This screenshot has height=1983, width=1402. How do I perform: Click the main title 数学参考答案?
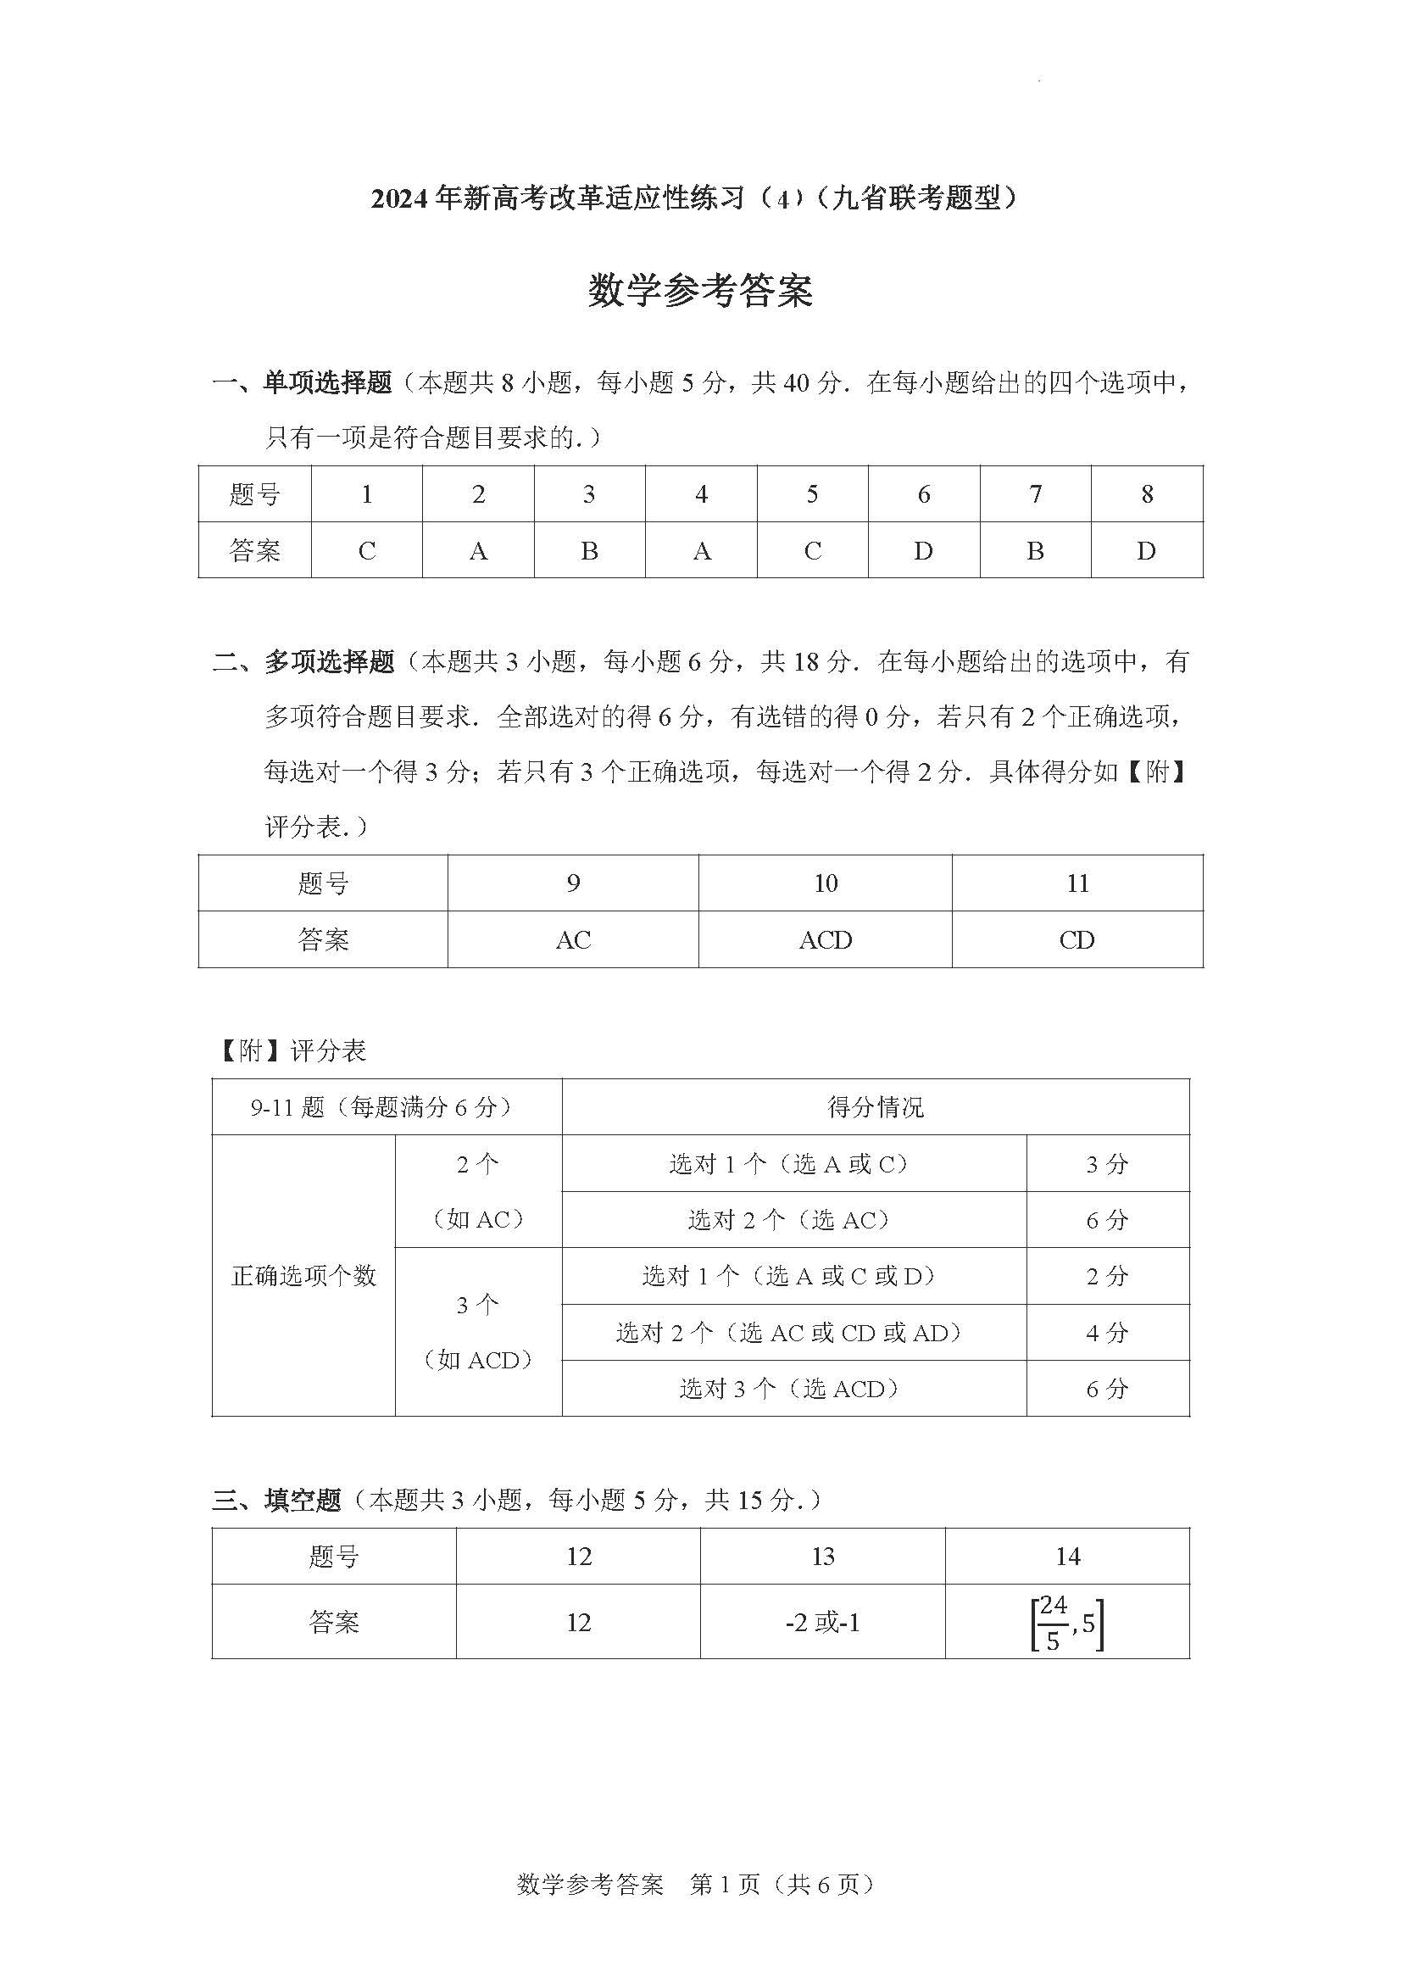click(x=700, y=291)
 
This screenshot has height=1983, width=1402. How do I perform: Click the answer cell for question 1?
click(x=367, y=550)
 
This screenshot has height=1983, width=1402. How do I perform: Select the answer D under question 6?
click(x=923, y=550)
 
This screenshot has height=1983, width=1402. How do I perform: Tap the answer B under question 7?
click(x=1035, y=550)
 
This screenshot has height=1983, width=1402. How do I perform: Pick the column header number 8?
click(x=1147, y=494)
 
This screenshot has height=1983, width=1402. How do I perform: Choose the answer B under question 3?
click(x=590, y=550)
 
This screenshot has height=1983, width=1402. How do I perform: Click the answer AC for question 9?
click(x=573, y=939)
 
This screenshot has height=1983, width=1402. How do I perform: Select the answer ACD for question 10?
click(x=826, y=939)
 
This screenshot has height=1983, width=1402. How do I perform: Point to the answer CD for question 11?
click(x=1077, y=939)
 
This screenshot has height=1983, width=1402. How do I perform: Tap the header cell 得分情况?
click(x=876, y=1107)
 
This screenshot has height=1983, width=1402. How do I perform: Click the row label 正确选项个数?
click(x=304, y=1276)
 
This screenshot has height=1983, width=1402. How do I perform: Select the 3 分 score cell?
click(x=1108, y=1164)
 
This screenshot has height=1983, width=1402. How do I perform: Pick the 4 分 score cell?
click(x=1108, y=1333)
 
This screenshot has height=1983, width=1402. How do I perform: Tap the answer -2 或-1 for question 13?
click(x=823, y=1623)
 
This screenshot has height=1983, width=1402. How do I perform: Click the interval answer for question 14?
click(x=1067, y=1623)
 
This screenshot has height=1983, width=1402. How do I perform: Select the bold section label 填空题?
click(x=303, y=1501)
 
